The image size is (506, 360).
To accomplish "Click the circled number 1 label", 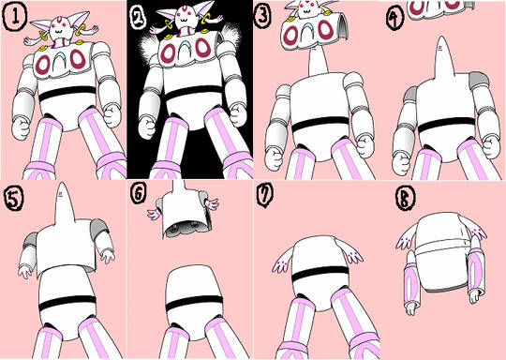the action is click(14, 16).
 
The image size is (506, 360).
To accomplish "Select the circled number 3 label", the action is click(262, 16).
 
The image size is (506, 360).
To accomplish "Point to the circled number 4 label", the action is click(394, 19).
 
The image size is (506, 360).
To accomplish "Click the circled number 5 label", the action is click(13, 198).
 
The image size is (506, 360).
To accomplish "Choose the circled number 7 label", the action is click(265, 195).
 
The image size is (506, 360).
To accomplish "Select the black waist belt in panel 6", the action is click(194, 303).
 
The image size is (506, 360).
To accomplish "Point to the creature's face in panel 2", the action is click(186, 17).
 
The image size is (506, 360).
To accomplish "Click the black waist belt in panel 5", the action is click(67, 303).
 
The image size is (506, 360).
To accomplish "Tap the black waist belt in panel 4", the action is click(447, 126).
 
